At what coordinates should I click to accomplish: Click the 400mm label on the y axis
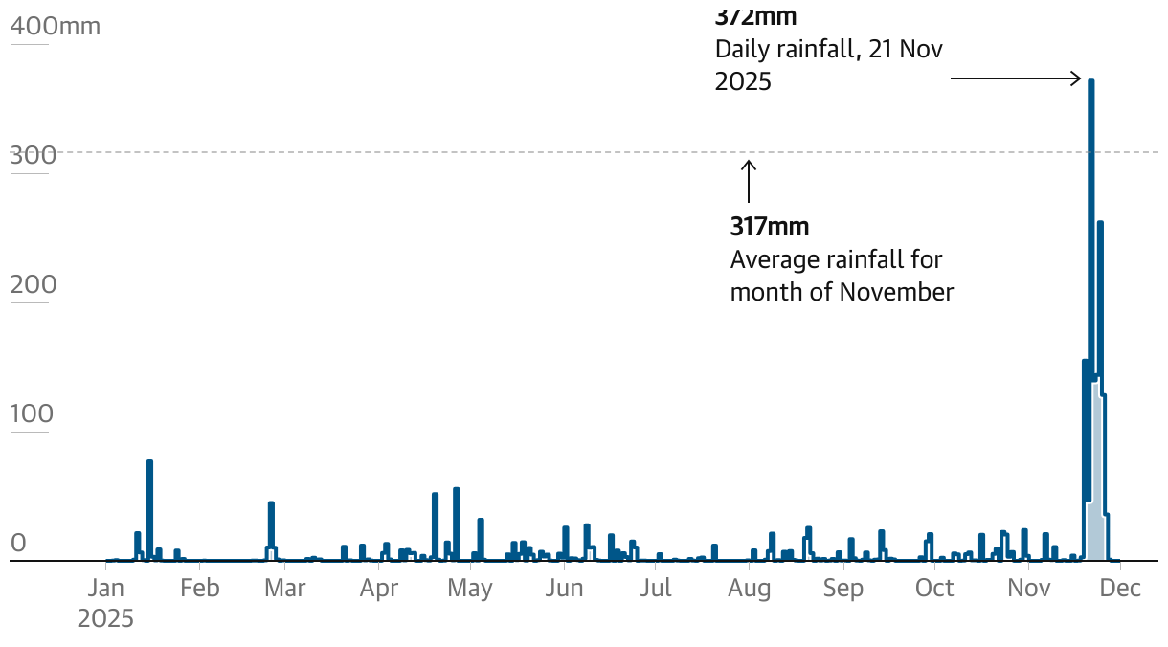[55, 27]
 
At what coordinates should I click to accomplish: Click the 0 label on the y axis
[18, 544]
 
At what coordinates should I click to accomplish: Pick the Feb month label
[199, 588]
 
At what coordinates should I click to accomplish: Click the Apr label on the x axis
[379, 588]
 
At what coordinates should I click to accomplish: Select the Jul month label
[656, 588]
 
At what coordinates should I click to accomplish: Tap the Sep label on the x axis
[842, 588]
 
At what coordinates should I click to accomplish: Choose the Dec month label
[1120, 588]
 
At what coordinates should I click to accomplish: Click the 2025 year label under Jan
[105, 618]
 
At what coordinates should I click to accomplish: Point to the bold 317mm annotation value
[770, 227]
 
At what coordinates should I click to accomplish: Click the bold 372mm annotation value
[755, 16]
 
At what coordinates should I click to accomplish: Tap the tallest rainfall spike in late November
[1090, 191]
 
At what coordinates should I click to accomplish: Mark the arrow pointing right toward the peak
[1015, 78]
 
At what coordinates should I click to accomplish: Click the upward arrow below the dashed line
[749, 180]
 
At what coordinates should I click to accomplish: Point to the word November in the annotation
[896, 292]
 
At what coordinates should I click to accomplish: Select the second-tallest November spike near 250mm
[1100, 287]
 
